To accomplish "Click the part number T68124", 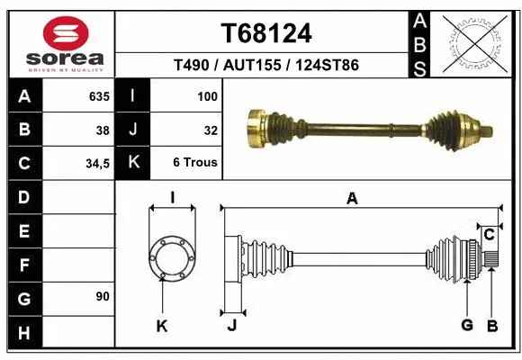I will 266,33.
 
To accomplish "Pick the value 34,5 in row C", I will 97,163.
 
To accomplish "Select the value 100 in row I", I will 207,95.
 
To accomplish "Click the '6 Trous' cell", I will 195,163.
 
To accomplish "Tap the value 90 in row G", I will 101,296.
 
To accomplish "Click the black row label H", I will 23,333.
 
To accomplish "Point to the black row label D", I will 23,197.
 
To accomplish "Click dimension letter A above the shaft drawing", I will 352,199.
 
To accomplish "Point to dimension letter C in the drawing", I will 489,235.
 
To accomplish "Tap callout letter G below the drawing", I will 466,325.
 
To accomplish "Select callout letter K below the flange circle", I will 162,326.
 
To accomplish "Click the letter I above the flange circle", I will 172,198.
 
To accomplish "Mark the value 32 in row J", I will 210,130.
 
